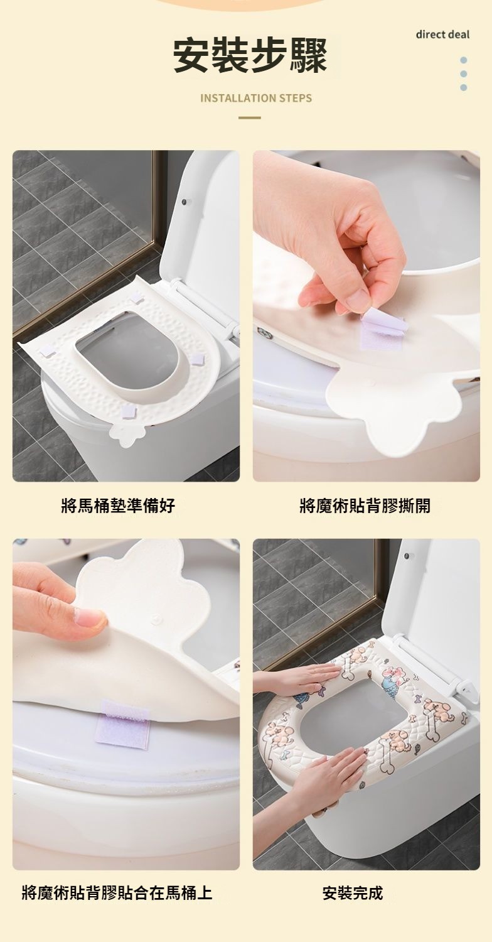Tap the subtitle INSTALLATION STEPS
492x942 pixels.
pyautogui.click(x=256, y=99)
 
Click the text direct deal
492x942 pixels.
pyautogui.click(x=442, y=35)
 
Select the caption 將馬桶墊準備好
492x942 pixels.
pyautogui.click(x=118, y=505)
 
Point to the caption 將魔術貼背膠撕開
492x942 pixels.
pyautogui.click(x=365, y=505)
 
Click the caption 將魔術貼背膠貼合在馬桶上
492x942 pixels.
pyautogui.click(x=117, y=892)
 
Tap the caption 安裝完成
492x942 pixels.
pyautogui.click(x=353, y=892)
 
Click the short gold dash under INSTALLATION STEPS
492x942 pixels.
pyautogui.click(x=250, y=118)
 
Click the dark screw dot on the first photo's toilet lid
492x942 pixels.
pyautogui.click(x=183, y=202)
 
